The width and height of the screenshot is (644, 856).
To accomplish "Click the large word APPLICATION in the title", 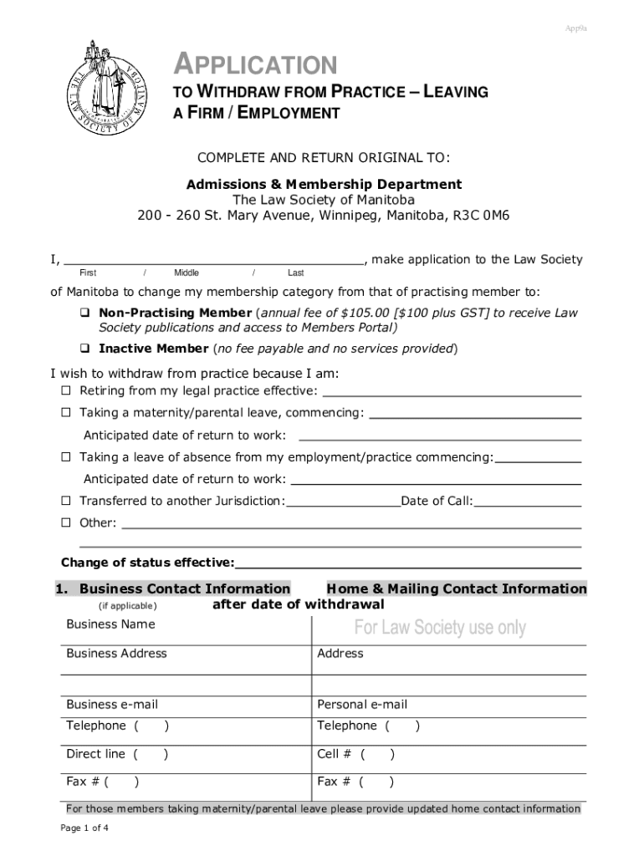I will click(x=254, y=64).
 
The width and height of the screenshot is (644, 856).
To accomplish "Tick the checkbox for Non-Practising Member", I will click(x=84, y=313).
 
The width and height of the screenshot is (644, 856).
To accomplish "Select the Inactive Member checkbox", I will click(x=84, y=349).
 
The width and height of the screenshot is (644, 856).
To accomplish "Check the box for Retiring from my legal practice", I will click(x=65, y=391).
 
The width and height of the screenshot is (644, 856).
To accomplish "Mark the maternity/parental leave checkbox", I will click(x=65, y=413).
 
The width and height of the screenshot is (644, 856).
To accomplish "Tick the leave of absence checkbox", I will click(x=65, y=457).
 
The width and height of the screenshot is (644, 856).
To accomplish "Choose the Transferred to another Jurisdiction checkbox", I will click(x=65, y=501).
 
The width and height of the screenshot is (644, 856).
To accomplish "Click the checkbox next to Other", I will click(x=65, y=522).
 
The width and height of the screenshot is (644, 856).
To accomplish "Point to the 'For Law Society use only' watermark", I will click(x=440, y=628).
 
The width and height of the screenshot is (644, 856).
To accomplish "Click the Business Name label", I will click(x=110, y=624).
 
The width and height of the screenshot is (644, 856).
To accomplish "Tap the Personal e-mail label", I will click(x=362, y=705).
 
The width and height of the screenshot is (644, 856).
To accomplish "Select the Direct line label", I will click(x=95, y=754).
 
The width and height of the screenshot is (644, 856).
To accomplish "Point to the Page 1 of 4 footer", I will click(x=84, y=828).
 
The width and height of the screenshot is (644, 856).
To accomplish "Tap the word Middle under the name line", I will click(x=187, y=273).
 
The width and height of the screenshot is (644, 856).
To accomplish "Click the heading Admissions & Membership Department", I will click(x=324, y=184).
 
